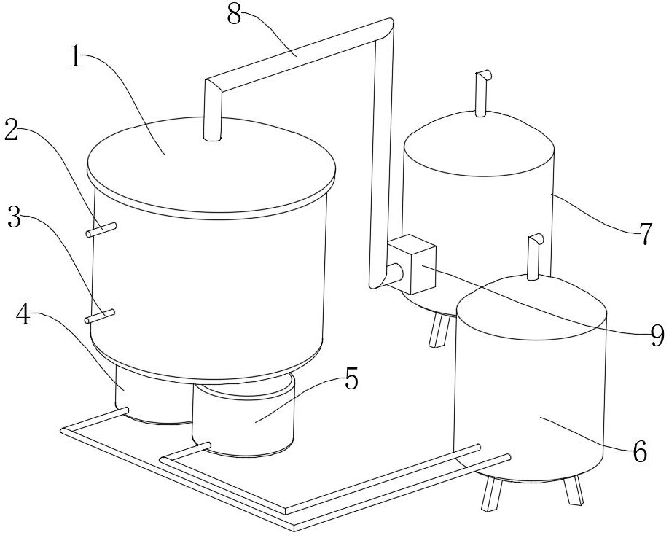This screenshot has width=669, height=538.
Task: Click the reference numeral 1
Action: [75, 57]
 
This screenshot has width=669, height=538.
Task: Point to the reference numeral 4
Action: [23, 316]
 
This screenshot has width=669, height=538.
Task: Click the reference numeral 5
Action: [351, 378]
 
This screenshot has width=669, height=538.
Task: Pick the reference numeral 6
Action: [640, 451]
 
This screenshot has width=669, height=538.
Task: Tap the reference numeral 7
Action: [645, 234]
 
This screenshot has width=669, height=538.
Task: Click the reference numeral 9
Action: [657, 335]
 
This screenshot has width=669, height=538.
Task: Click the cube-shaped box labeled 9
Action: [412, 264]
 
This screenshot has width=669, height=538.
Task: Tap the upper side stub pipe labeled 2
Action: [101, 229]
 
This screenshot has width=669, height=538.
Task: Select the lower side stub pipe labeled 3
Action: [100, 316]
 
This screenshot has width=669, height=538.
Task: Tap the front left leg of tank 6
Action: [490, 494]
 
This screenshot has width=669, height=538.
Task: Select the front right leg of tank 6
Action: [574, 490]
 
